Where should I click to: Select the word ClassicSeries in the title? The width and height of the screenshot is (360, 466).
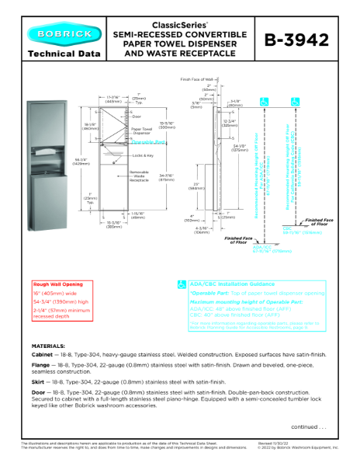(x=179, y=26)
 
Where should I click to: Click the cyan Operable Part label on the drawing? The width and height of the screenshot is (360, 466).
(x=148, y=143)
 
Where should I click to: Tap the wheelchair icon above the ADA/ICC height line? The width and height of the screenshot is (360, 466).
(x=265, y=101)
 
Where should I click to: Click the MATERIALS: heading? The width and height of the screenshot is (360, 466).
(x=48, y=345)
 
